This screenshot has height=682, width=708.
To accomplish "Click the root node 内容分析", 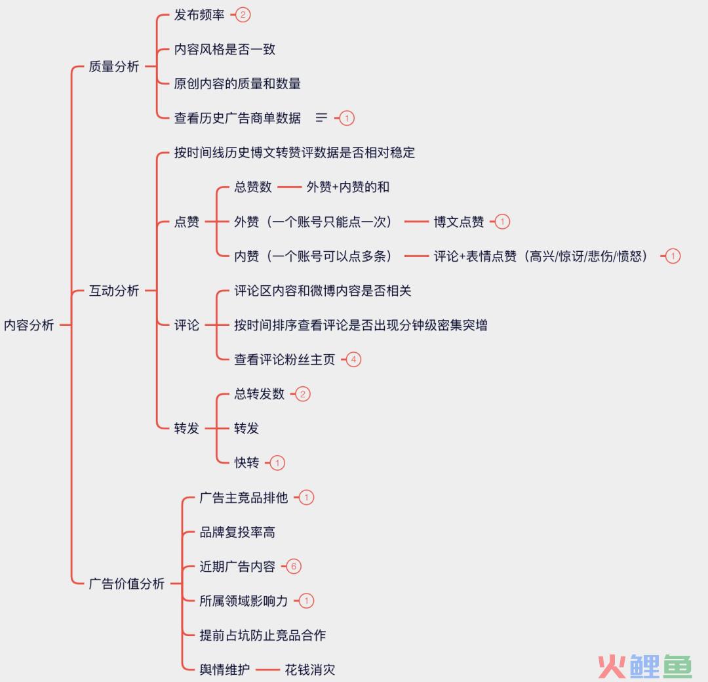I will click(29, 325).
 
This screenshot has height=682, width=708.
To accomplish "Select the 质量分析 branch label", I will click(114, 66).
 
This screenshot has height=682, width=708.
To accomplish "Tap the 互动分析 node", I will click(114, 291).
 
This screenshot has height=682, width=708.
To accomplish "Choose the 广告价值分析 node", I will click(127, 583).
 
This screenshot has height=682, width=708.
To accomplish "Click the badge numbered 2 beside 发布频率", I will click(243, 14).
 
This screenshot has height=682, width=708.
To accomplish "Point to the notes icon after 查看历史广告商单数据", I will click(321, 118).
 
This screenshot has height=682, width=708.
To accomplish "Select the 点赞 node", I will click(187, 222).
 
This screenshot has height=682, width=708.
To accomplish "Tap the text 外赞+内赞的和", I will click(347, 187).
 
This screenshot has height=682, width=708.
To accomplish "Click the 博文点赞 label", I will click(459, 222).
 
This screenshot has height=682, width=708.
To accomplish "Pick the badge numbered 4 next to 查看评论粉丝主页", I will click(353, 359).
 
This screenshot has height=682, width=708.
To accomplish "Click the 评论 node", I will click(187, 325).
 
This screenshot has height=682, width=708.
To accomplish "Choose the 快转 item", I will click(246, 462).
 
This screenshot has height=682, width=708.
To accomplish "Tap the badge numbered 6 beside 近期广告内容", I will click(293, 566).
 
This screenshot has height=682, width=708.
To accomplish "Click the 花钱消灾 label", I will click(310, 670).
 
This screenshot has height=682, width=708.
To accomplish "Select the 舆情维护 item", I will click(225, 670).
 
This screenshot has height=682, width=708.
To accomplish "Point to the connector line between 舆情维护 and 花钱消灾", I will click(267, 670).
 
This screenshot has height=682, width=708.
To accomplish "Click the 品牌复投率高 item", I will click(237, 532).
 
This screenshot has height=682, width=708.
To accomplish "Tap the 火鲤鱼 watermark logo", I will click(645, 665).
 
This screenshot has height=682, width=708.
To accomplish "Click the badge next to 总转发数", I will click(302, 393).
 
